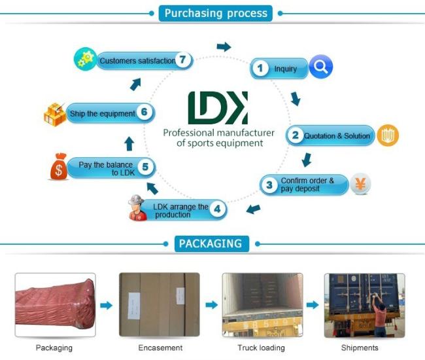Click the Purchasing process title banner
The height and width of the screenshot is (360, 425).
215,13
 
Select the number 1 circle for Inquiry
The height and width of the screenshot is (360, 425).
260,68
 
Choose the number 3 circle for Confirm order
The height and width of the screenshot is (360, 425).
269,185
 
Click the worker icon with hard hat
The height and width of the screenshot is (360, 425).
137,207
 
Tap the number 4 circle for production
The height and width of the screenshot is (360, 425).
218,210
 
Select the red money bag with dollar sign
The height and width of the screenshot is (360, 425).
59,167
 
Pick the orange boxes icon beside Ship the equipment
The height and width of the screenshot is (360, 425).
55,113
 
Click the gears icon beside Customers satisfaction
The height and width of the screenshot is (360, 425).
85,59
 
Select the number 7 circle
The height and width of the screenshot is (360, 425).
184,60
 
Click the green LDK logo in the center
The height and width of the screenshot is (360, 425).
217,107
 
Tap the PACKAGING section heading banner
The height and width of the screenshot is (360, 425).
211,244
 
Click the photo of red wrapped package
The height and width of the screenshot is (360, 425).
55,304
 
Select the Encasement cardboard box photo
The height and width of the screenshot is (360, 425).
159,304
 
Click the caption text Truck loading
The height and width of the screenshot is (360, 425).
262,348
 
